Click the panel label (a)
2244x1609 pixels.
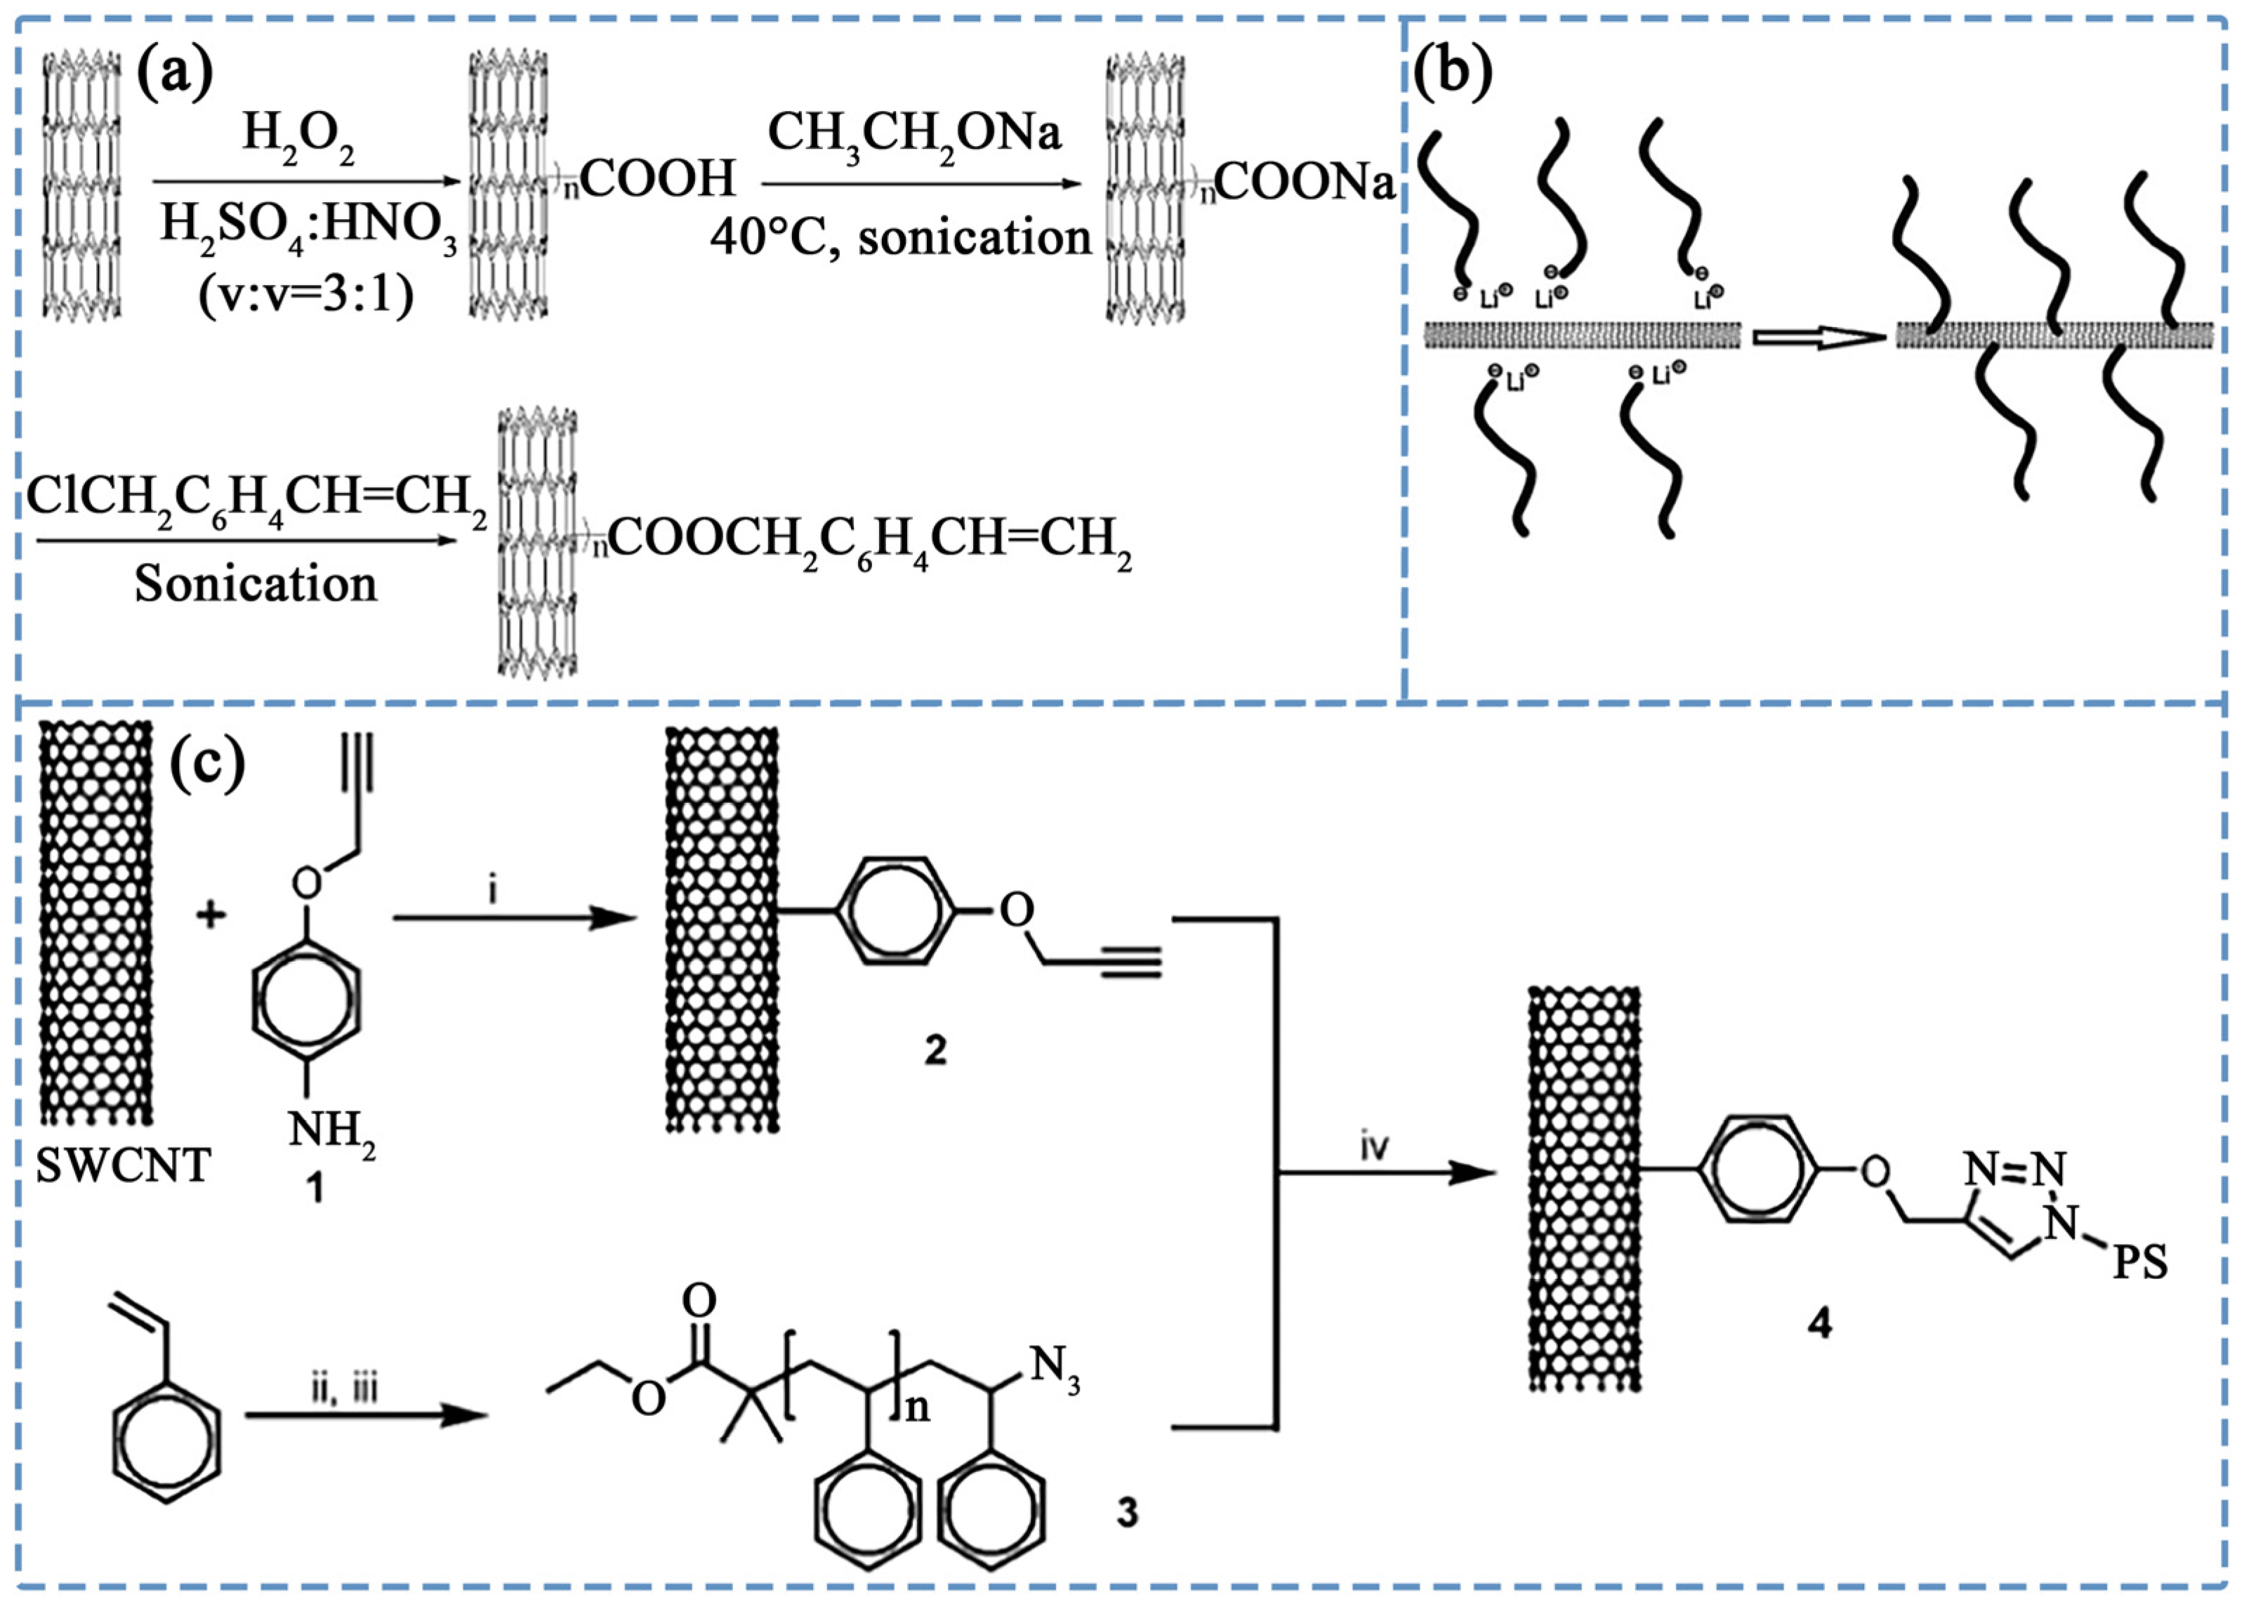174,74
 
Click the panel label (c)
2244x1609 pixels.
207,765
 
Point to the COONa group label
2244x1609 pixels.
1304,182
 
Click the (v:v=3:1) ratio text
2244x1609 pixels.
305,294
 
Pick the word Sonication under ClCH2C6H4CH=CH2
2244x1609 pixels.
256,584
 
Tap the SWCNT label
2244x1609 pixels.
124,1167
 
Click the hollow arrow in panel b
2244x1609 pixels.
1819,338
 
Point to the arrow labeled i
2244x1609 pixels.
515,918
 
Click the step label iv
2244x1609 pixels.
1373,1148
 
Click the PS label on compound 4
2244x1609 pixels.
2140,1264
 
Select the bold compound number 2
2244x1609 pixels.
935,1050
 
